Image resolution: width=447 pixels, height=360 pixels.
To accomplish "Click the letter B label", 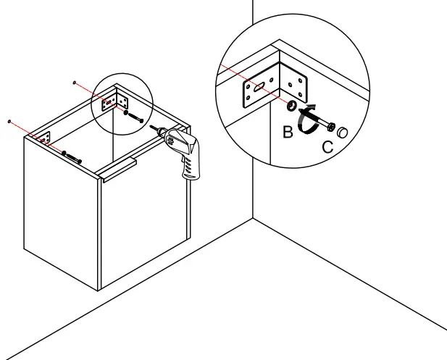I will [288, 133].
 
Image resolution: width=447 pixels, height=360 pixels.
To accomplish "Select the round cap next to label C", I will [342, 132].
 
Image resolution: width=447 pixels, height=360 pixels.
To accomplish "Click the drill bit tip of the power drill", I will [152, 125].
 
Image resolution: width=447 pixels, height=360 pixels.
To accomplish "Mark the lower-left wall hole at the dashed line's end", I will [9, 120].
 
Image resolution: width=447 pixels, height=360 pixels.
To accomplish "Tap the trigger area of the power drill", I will [180, 154].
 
